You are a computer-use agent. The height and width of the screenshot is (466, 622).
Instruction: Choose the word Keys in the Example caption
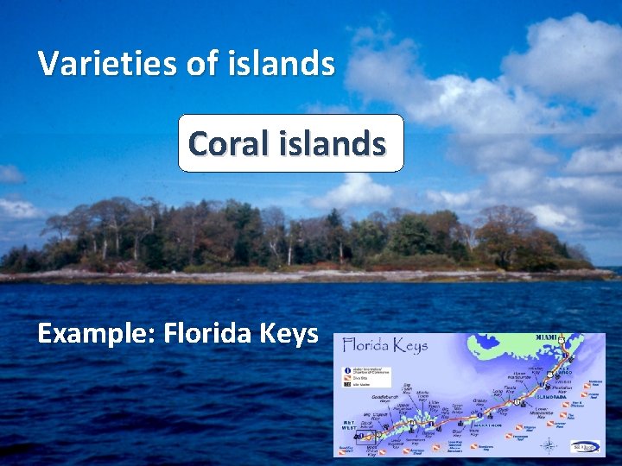pos(289,334)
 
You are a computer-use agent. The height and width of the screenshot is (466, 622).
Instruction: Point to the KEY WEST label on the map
pos(348,424)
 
